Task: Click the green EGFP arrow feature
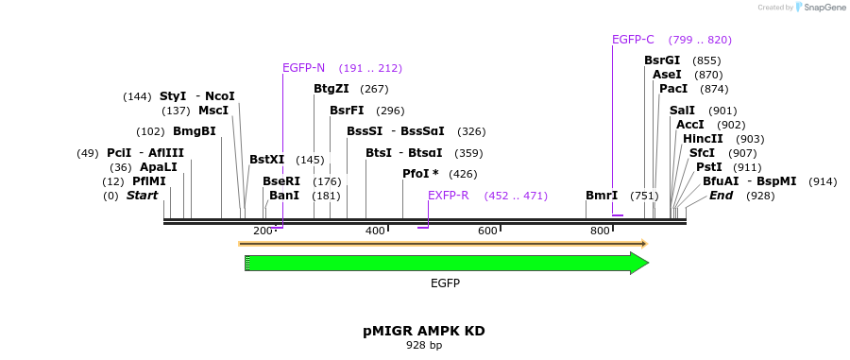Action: [444, 264]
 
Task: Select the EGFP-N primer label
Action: [303, 68]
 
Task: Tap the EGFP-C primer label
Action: [633, 40]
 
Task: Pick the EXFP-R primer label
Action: [448, 196]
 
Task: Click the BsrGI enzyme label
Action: [662, 60]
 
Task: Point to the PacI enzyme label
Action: [673, 89]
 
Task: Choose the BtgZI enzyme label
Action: [331, 89]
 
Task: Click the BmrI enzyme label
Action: [602, 196]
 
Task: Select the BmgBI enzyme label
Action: [194, 131]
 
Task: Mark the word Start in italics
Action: [142, 196]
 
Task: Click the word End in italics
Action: [721, 196]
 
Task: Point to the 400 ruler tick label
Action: [375, 231]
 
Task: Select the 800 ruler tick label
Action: [600, 231]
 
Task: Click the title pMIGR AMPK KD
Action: [424, 331]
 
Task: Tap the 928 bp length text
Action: [424, 346]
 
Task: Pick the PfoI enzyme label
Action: [420, 174]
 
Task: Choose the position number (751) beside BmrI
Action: [644, 196]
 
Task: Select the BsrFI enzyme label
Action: [347, 111]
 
